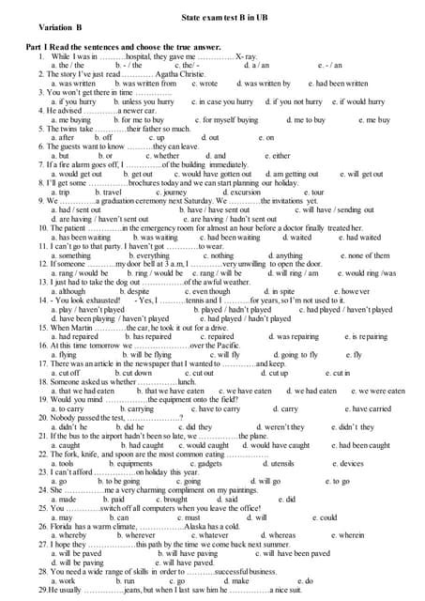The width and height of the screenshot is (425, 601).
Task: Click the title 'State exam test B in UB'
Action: click(x=211, y=18)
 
